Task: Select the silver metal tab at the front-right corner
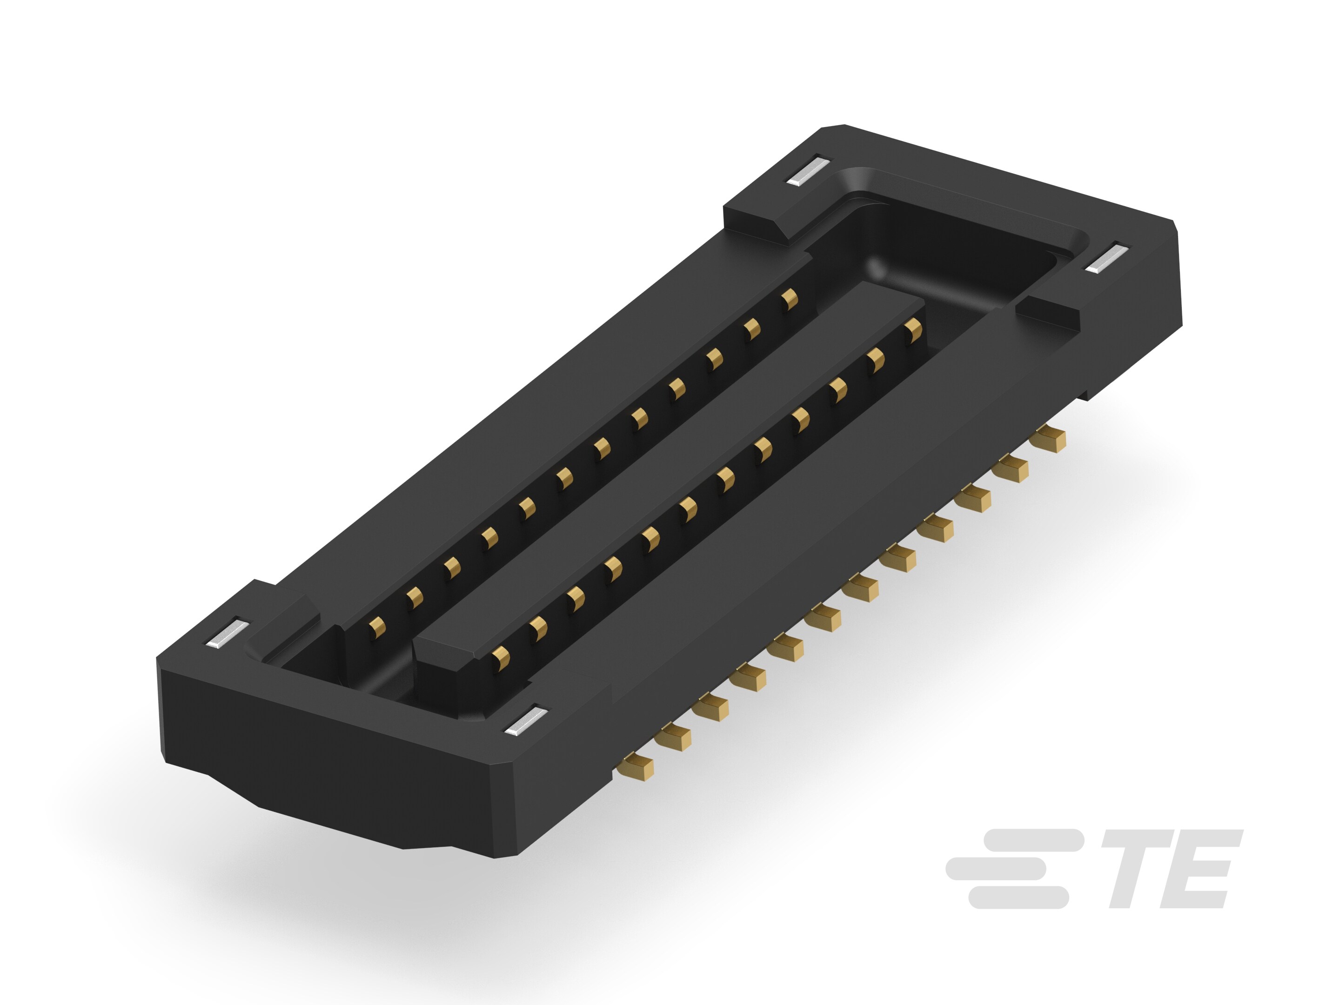point(525,721)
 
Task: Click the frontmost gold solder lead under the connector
point(636,766)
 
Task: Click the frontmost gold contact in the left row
point(377,628)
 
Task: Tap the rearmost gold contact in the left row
point(789,300)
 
